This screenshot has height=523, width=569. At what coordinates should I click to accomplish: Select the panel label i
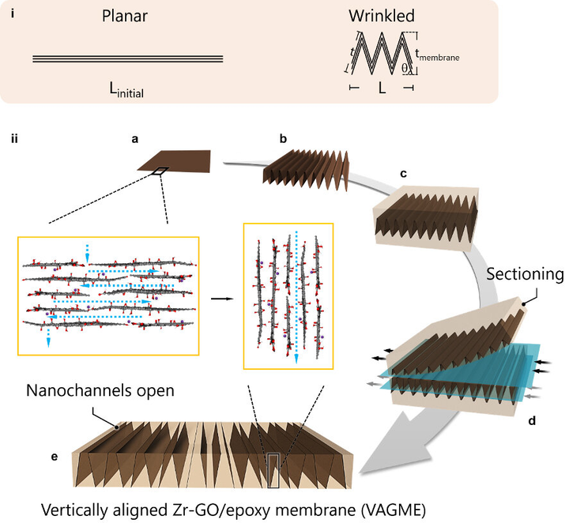coord(12,11)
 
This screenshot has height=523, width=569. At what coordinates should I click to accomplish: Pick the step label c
coord(404,173)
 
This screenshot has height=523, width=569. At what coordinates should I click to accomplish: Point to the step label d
coord(531,420)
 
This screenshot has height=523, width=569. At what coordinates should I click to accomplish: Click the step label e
coord(55,457)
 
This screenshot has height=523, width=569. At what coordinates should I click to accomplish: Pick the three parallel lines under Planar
coord(127,59)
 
